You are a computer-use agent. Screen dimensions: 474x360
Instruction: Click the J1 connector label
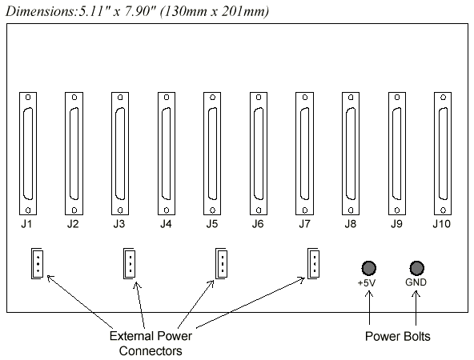pyautogui.click(x=26, y=224)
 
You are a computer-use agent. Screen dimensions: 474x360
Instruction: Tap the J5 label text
pyautogui.click(x=212, y=224)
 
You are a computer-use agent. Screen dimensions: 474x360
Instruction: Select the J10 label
pyautogui.click(x=442, y=224)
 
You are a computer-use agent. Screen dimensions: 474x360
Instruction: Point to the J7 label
pyautogui.click(x=304, y=224)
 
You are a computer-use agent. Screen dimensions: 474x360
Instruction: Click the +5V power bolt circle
pyautogui.click(x=369, y=268)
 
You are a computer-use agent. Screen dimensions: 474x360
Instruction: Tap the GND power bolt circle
pyautogui.click(x=417, y=268)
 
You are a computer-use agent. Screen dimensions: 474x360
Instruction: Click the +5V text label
pyautogui.click(x=367, y=283)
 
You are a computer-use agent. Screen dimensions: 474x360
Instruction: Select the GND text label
pyautogui.click(x=416, y=282)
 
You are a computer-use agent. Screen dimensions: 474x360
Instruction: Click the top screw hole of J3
pyautogui.click(x=120, y=98)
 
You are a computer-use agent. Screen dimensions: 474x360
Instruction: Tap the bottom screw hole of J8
pyautogui.click(x=351, y=210)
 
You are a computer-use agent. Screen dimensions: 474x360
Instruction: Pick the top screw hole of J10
pyautogui.click(x=443, y=98)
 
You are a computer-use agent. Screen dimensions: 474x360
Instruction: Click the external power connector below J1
pyautogui.click(x=37, y=263)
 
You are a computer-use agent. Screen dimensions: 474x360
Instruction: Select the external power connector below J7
pyautogui.click(x=314, y=263)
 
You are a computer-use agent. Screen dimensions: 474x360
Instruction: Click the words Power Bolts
pyautogui.click(x=397, y=337)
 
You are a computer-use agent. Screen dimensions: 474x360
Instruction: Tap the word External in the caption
pyautogui.click(x=131, y=336)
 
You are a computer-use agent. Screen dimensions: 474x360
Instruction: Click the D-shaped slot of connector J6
pyautogui.click(x=255, y=154)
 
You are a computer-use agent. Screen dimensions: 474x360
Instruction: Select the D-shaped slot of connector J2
pyautogui.click(x=70, y=154)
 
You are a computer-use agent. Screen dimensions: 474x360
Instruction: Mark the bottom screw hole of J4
pyautogui.click(x=167, y=210)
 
